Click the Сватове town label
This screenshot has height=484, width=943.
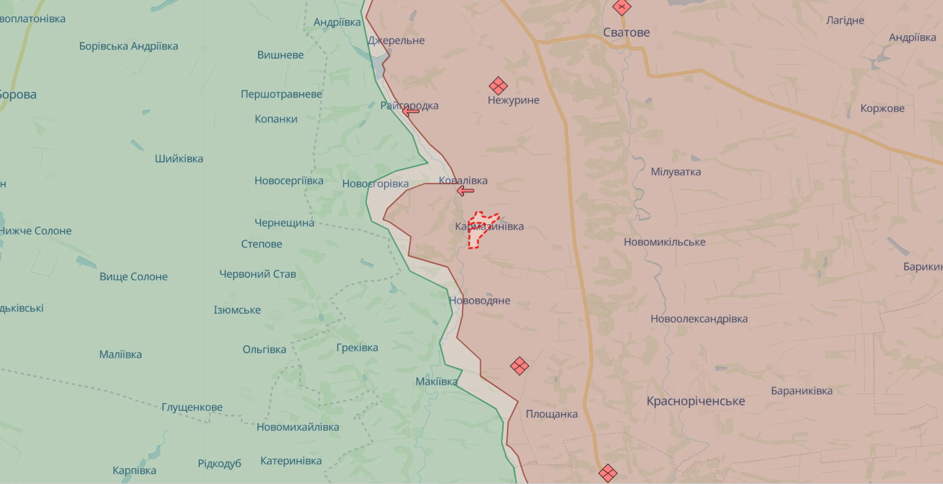pyautogui.click(x=626, y=32)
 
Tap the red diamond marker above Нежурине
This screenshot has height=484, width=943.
pyautogui.click(x=498, y=86)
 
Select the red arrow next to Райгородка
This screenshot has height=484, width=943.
pyautogui.click(x=411, y=112)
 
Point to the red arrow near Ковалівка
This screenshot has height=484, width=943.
pyautogui.click(x=465, y=191)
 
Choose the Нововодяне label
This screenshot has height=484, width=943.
pyautogui.click(x=480, y=301)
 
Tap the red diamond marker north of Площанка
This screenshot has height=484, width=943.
pyautogui.click(x=520, y=365)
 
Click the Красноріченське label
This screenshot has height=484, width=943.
pyautogui.click(x=696, y=401)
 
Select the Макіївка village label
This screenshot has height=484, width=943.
pyautogui.click(x=436, y=381)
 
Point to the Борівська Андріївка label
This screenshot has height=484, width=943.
pyautogui.click(x=128, y=46)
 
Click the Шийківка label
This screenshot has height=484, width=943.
pyautogui.click(x=179, y=158)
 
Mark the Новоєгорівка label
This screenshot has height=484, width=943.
pyautogui.click(x=375, y=183)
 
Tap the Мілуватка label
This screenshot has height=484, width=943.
pyautogui.click(x=675, y=172)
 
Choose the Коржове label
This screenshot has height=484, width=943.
pyautogui.click(x=882, y=108)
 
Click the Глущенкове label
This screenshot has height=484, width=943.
pyautogui.click(x=192, y=407)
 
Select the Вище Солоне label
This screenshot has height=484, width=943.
pyautogui.click(x=133, y=276)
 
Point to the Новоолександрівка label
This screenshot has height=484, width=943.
pyautogui.click(x=699, y=319)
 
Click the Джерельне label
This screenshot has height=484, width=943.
pyautogui.click(x=396, y=41)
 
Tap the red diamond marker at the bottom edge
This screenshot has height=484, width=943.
pyautogui.click(x=608, y=472)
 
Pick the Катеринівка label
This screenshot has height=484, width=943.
pyautogui.click(x=291, y=460)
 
